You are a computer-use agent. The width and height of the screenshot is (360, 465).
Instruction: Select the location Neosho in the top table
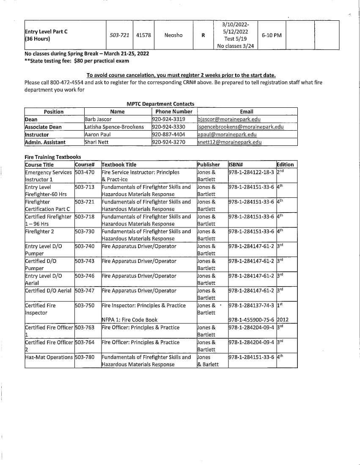(x=173, y=35)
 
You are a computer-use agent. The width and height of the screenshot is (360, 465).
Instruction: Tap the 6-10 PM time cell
(x=272, y=35)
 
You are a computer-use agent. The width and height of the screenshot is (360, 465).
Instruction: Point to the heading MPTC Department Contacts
(x=160, y=104)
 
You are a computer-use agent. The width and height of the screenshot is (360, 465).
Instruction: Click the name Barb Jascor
(x=98, y=119)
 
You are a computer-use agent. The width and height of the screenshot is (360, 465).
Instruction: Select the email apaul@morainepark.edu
(x=227, y=134)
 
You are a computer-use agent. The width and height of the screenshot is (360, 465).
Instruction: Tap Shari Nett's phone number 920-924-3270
(x=168, y=142)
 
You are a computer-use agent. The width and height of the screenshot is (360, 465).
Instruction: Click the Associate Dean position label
(x=43, y=127)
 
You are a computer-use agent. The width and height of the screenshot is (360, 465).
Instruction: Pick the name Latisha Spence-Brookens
(x=114, y=127)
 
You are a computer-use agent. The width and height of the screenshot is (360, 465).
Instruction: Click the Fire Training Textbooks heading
(x=53, y=157)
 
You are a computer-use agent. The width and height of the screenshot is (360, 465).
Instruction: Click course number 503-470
(x=85, y=172)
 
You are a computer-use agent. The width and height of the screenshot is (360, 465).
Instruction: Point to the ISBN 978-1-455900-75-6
(x=251, y=320)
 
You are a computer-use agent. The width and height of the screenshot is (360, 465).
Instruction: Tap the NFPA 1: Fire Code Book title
(x=129, y=320)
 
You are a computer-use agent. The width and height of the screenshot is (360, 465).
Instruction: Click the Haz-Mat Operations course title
(x=49, y=357)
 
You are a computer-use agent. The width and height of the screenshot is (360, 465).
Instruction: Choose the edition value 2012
(x=283, y=320)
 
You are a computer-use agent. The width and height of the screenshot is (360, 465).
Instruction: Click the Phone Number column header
(x=174, y=112)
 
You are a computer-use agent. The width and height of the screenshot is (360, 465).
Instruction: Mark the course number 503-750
(x=85, y=305)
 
